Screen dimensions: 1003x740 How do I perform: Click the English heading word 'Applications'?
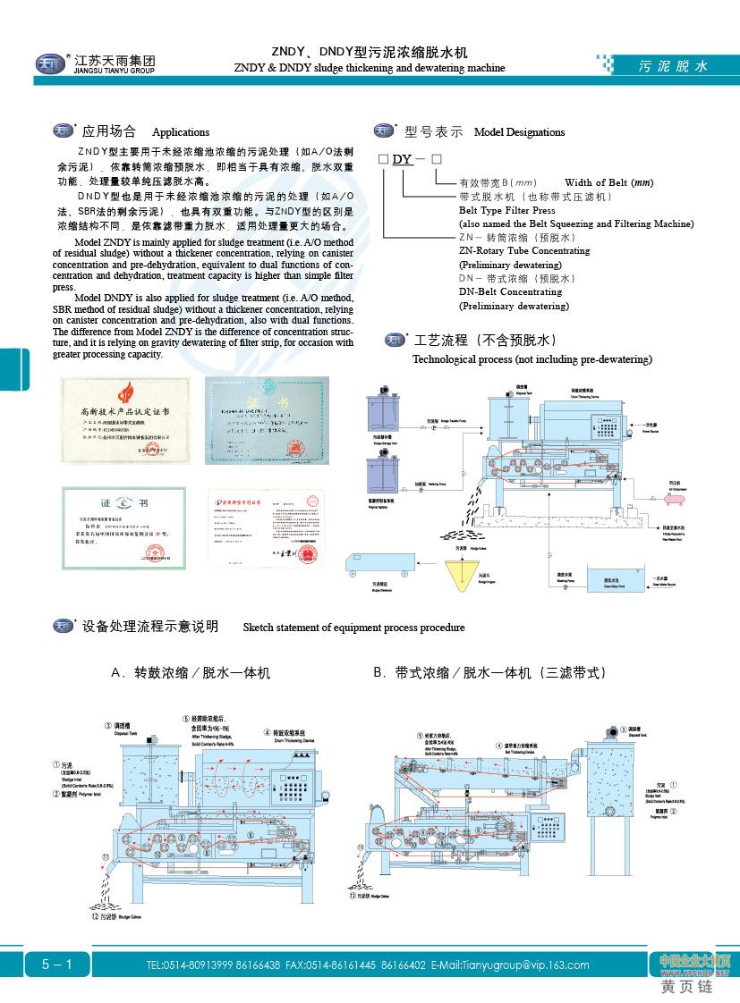(181, 132)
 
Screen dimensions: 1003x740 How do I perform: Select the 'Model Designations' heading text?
(519, 132)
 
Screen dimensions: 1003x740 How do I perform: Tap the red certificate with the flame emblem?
(125, 419)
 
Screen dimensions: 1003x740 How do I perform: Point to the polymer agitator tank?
(382, 470)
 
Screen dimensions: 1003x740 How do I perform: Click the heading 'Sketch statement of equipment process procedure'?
(353, 628)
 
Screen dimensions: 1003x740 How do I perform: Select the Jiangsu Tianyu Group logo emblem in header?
(47, 63)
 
